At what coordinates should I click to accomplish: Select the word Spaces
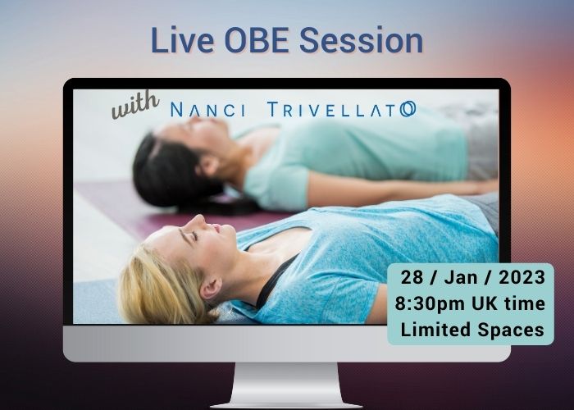(x=512, y=330)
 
